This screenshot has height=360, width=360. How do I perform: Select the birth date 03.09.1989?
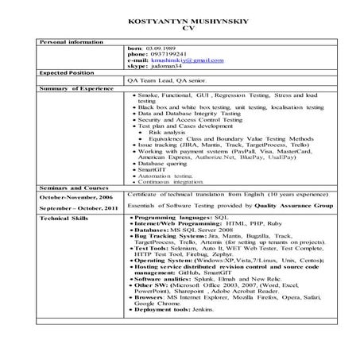pos(168,47)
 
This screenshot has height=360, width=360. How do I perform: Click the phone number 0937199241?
pos(173,53)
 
